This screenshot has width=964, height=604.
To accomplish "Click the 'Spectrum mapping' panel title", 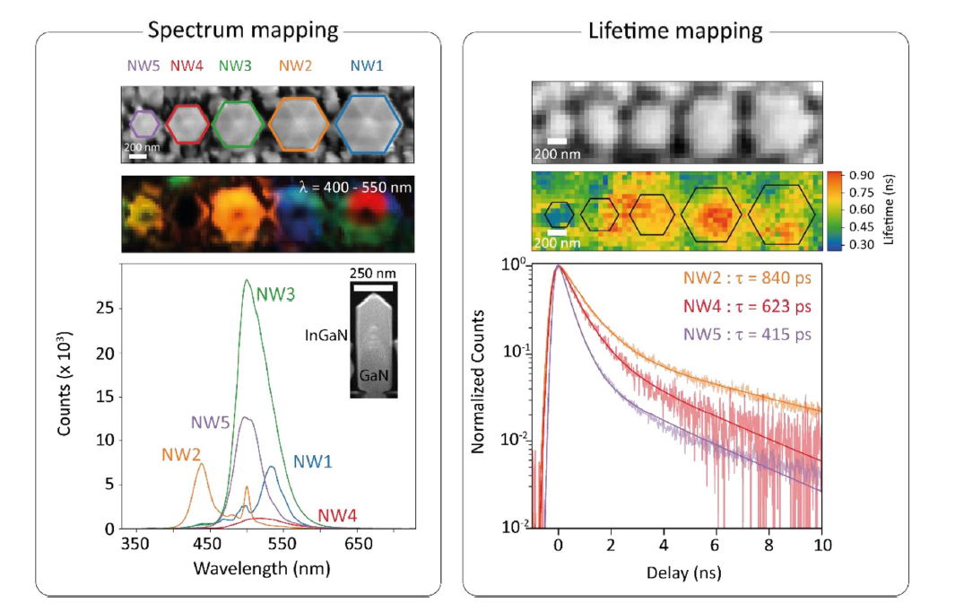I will click(242, 30).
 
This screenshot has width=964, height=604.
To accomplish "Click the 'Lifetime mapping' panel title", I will click(675, 31).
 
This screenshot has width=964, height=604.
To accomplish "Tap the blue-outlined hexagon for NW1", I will click(368, 124).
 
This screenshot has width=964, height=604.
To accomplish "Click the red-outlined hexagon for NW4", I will click(187, 123).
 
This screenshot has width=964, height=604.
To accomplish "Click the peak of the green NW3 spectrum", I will click(246, 281).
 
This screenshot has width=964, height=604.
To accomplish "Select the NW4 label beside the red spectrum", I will click(337, 515).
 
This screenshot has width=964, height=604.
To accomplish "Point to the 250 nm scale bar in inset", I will click(373, 288).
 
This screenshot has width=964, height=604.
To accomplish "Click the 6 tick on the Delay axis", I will click(716, 544).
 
